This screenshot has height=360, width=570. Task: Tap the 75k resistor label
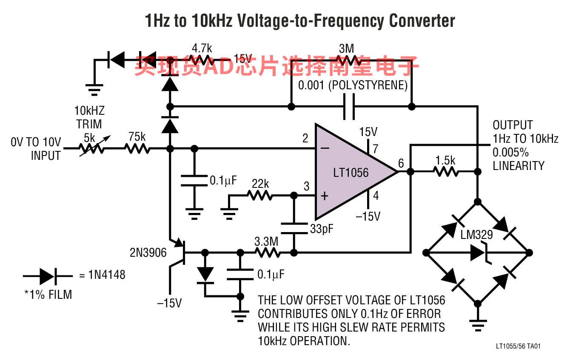[137, 137]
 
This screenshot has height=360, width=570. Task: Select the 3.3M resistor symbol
[268, 253]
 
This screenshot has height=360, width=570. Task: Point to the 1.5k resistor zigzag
[446, 172]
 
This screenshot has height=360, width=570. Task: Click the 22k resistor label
[260, 184]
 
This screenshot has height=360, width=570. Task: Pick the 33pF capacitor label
[322, 229]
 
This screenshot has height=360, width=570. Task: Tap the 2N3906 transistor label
[148, 253]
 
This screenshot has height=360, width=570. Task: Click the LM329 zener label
[476, 235]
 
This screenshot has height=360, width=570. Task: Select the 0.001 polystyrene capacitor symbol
[349, 107]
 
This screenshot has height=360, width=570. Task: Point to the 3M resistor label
[346, 48]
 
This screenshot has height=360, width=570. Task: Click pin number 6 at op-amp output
[401, 163]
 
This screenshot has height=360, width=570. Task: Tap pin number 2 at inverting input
[305, 138]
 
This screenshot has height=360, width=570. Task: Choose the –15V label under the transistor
[169, 303]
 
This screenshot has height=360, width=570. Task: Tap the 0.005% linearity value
[510, 153]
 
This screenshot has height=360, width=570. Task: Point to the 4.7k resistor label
[202, 48]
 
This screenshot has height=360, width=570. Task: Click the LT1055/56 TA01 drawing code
[518, 346]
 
